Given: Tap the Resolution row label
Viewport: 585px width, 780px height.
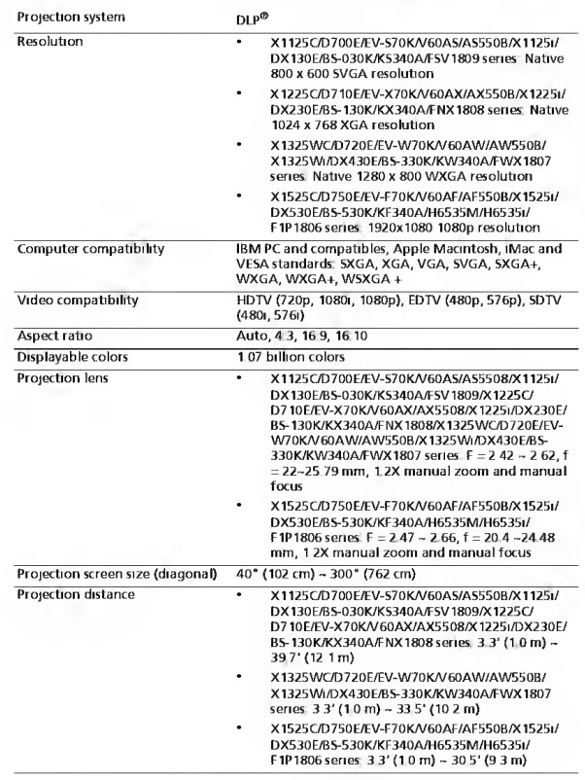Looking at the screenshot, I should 48,44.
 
